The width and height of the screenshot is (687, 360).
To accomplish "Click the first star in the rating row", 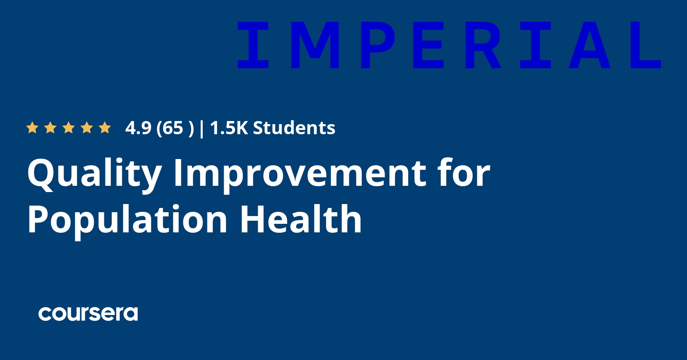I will coord(32,128).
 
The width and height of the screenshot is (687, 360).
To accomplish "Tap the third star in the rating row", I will coord(69,128).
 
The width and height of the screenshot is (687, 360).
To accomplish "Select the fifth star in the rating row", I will coord(105,128).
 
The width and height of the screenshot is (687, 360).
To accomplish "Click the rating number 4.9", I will coord(138,128).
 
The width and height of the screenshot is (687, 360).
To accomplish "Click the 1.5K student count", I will coord(229,128).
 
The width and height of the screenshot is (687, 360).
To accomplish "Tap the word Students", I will coord(294,128).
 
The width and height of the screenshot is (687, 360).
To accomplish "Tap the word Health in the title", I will coord(301,219).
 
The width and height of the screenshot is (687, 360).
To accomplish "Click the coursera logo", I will coord(88,314).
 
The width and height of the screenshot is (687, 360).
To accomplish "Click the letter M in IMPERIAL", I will coord(315,45).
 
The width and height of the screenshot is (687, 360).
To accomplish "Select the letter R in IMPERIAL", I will coord(483,45).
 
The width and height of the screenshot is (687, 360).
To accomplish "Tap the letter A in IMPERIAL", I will coord(589,45).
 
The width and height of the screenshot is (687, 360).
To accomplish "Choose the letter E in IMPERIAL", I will coord(428,45).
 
